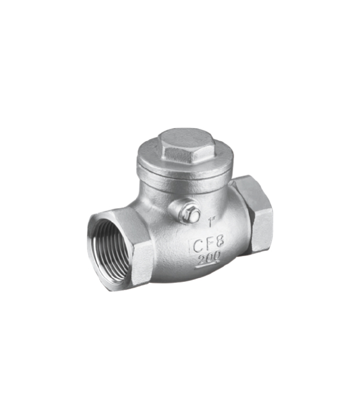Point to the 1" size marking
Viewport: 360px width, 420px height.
pyautogui.click(x=212, y=221)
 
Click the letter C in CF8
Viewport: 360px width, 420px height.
pyautogui.click(x=197, y=246)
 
